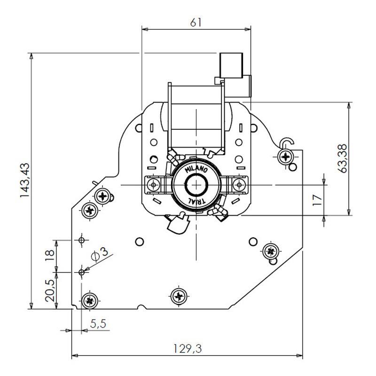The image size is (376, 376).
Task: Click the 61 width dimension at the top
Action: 196,22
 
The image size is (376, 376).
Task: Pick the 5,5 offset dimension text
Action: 98,324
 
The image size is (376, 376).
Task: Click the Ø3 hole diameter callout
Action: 100,254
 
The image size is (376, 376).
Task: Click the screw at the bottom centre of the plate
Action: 178,296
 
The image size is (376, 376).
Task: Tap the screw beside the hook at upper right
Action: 285,156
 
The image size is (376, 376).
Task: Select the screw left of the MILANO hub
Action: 152,184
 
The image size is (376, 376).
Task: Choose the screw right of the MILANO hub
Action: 239,184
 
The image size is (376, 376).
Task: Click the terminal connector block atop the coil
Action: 231,66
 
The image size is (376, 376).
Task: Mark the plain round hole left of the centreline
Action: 139,242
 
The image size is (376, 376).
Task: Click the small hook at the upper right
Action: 287,142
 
